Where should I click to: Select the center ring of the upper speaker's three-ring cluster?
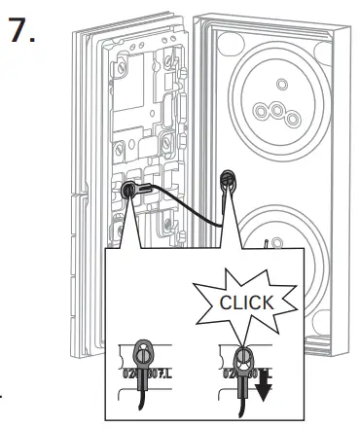coord(277,114)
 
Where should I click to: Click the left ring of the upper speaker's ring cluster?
coord(263,108)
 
